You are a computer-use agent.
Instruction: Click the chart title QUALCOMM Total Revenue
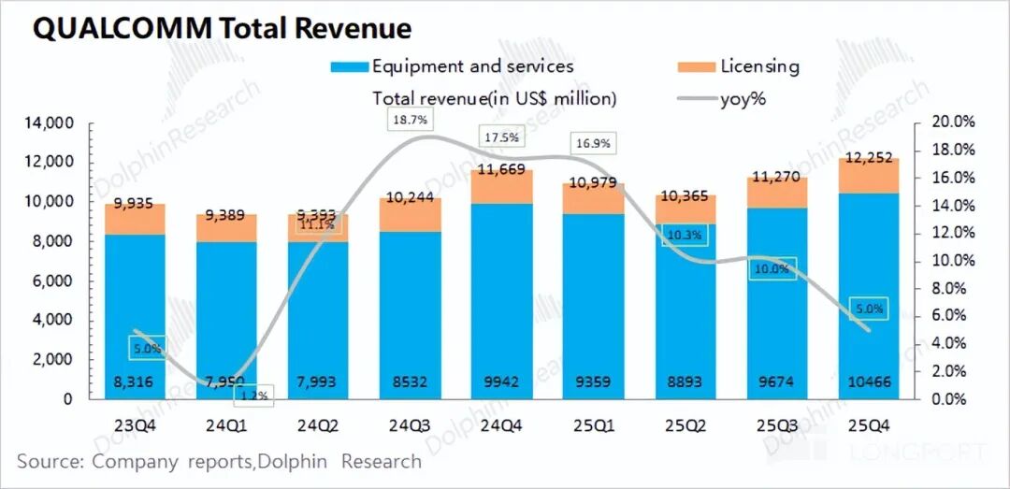click(x=222, y=28)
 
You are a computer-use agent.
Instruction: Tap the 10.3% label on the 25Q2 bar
click(x=684, y=235)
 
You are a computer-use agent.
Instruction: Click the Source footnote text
click(x=219, y=461)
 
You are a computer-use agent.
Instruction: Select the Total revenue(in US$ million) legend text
click(x=495, y=97)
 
